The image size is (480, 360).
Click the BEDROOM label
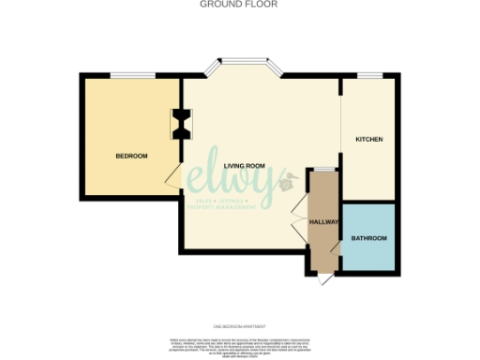[x=131, y=156]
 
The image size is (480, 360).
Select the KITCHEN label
[x=368, y=140]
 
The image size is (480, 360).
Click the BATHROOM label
[x=368, y=238]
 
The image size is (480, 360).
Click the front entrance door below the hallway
[x=324, y=279]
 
